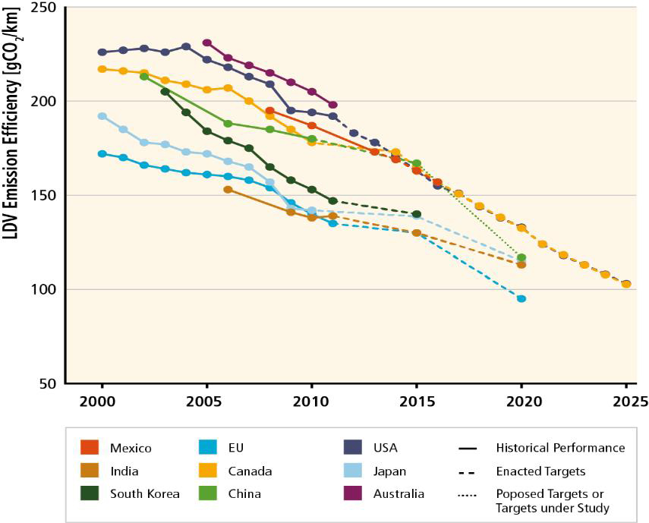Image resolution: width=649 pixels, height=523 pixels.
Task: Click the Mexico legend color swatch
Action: click(90, 447)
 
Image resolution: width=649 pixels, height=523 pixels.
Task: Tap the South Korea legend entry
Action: click(144, 493)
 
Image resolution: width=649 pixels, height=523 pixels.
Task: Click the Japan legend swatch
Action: click(351, 471)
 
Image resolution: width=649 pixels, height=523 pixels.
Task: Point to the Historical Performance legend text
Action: click(560, 447)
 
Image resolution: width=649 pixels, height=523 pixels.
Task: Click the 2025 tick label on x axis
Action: click(626, 401)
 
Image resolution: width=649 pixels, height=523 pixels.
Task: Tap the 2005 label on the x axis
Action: click(206, 401)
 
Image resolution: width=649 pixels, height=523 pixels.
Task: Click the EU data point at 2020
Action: click(521, 298)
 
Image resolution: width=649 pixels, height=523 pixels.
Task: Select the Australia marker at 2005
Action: click(207, 43)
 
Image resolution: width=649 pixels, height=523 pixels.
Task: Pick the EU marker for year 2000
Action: click(102, 153)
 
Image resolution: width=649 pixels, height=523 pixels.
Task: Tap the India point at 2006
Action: click(228, 189)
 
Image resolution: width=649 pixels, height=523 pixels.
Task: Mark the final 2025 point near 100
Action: click(626, 284)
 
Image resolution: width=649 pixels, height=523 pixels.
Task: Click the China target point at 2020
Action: click(521, 257)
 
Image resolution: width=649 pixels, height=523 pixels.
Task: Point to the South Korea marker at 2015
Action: click(417, 214)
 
